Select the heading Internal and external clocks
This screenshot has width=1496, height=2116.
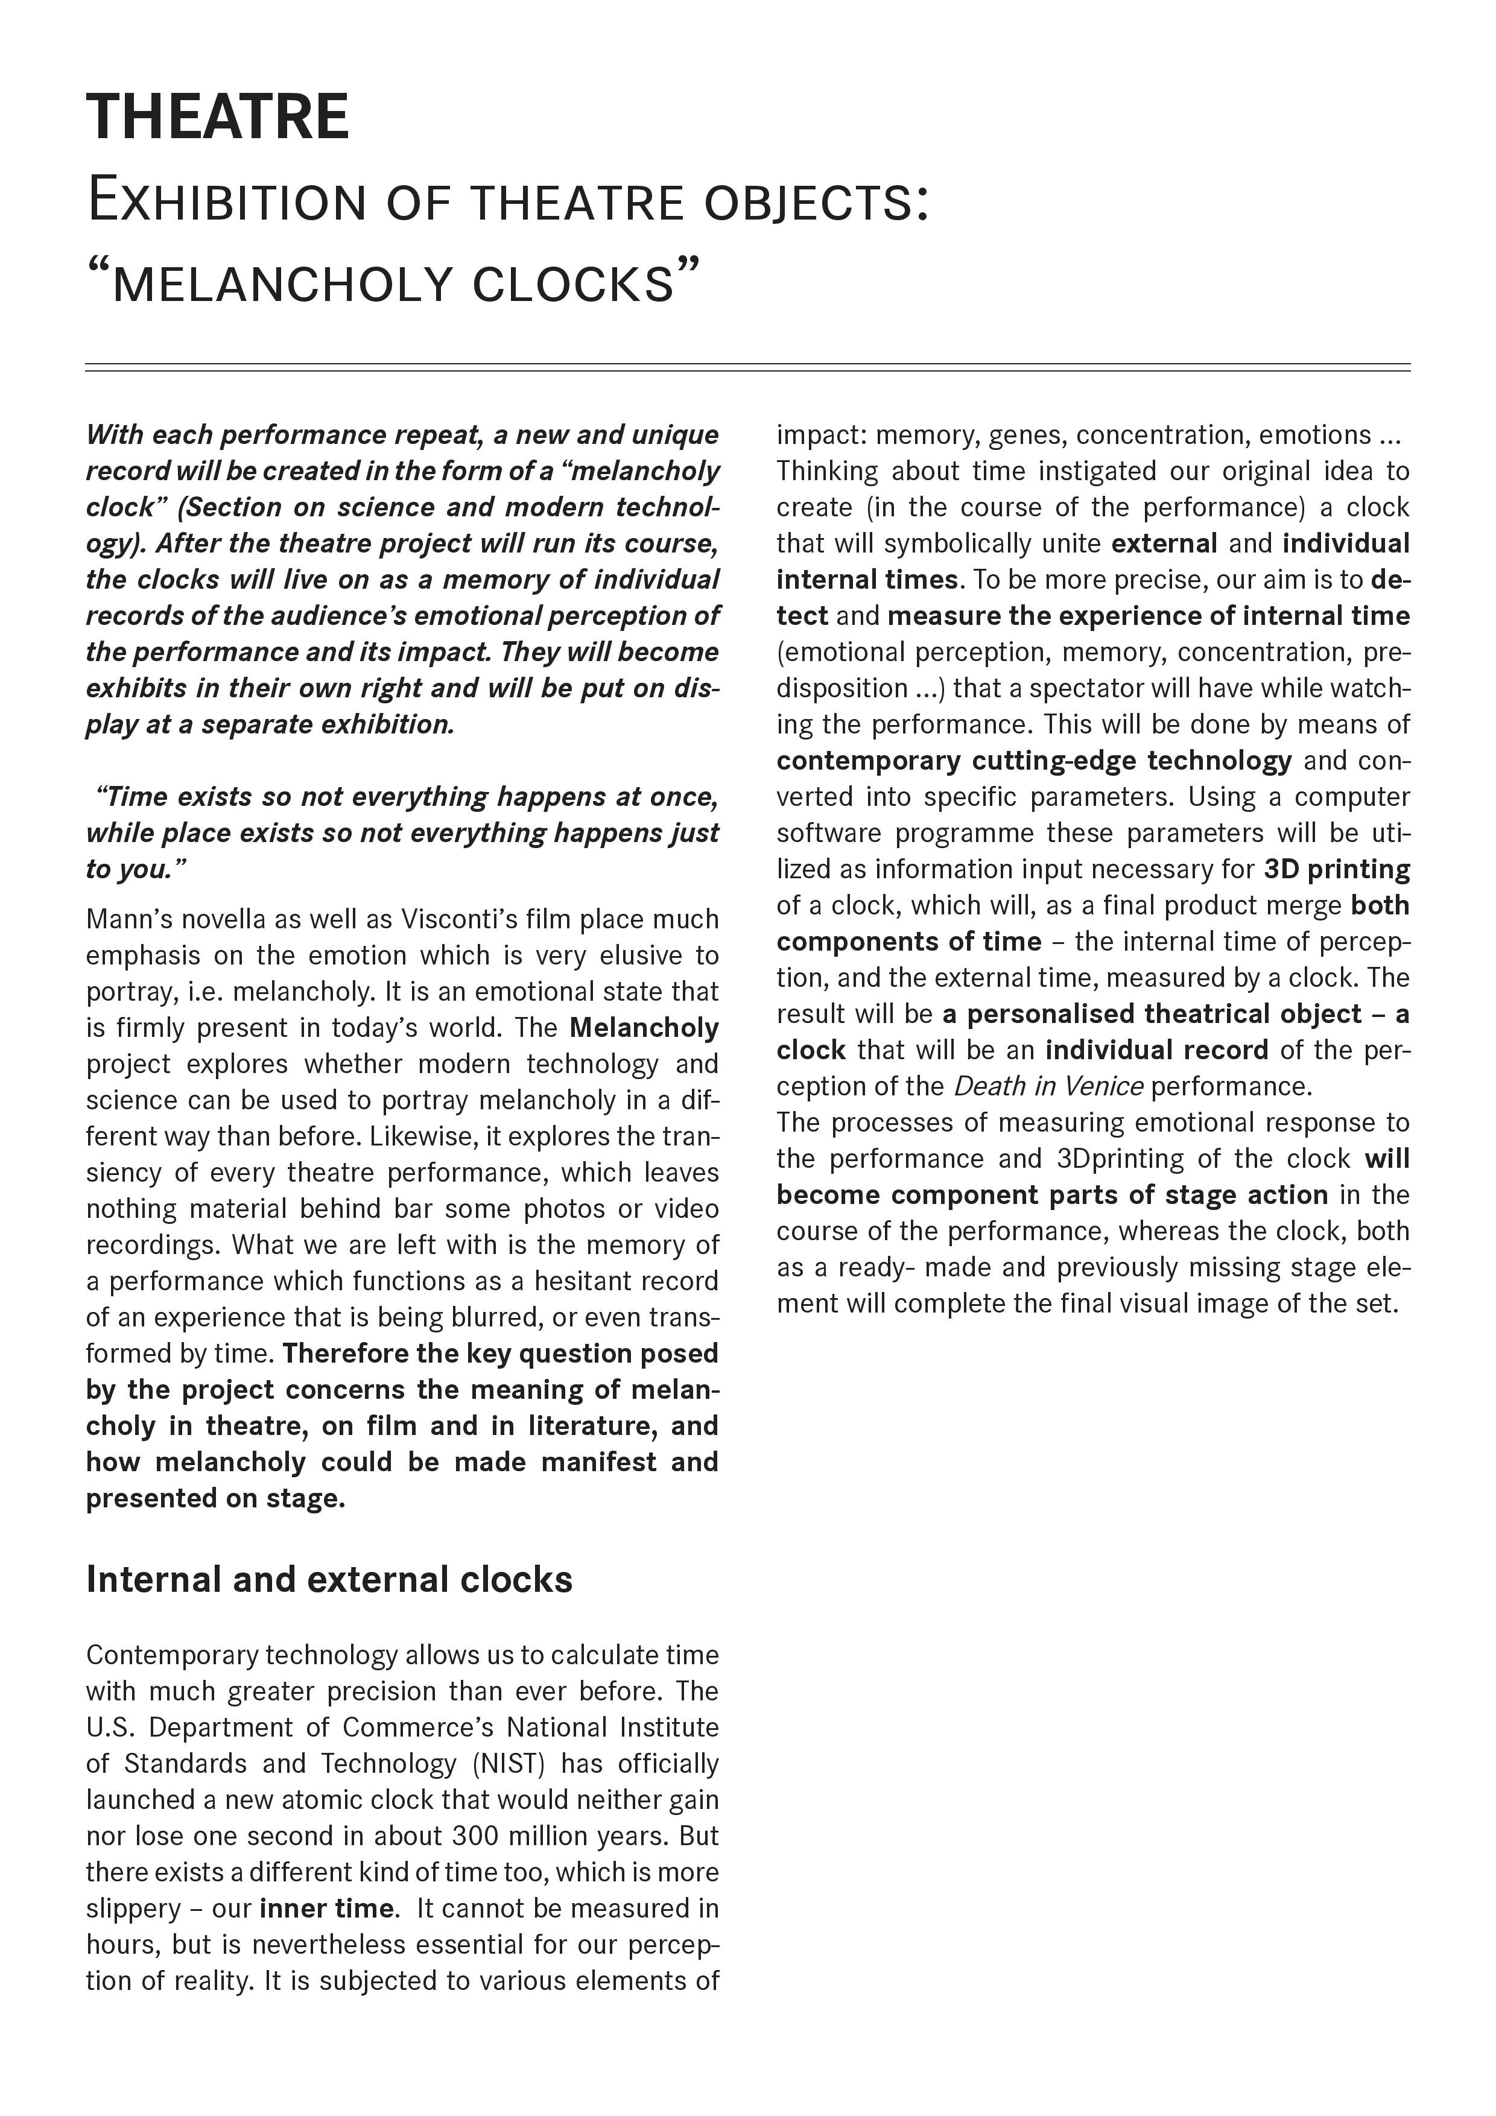329,1580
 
